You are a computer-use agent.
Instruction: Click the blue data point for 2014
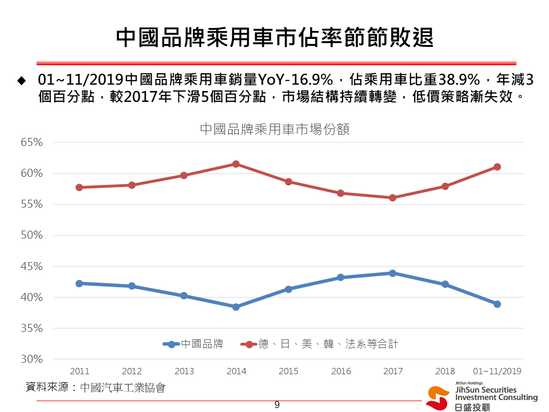pos(236,307)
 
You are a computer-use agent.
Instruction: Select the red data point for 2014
pos(236,164)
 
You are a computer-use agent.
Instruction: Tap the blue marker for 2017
pos(393,273)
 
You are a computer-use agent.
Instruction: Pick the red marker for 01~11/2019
pos(497,167)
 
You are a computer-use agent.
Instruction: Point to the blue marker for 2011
pos(79,283)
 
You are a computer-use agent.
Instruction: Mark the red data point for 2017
pos(393,198)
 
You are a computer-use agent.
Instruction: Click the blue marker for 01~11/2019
pos(497,304)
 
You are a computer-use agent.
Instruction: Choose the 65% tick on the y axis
pos(32,142)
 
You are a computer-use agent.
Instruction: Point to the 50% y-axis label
pos(32,235)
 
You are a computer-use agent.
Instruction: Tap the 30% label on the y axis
pos(32,359)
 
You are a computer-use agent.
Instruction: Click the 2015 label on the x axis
pos(288,371)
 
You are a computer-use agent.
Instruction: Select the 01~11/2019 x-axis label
pos(497,371)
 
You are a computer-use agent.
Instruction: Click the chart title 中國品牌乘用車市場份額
pos(274,129)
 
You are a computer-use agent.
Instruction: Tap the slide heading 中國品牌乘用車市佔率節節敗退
pos(274,37)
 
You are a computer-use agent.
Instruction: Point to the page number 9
pos(277,405)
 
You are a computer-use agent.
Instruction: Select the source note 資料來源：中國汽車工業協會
pos(96,388)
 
